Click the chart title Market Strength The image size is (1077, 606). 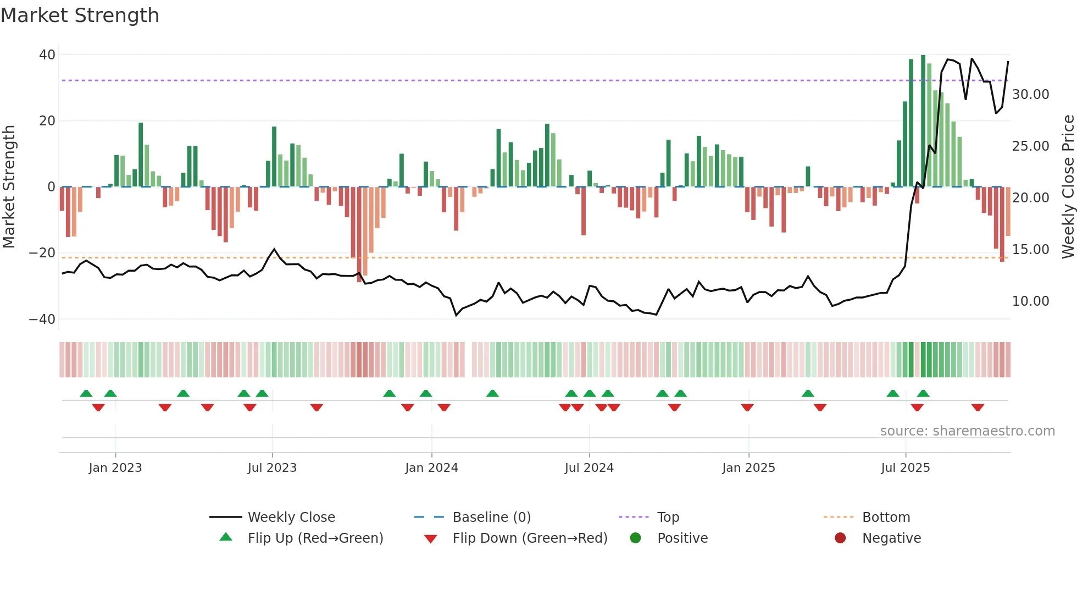pyautogui.click(x=80, y=15)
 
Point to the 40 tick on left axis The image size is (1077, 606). pyautogui.click(x=47, y=55)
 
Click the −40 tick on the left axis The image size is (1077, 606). pyautogui.click(x=42, y=319)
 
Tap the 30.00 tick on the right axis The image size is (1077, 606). pyautogui.click(x=1030, y=95)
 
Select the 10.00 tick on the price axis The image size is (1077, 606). pyautogui.click(x=1030, y=301)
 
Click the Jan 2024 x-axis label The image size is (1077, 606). pyautogui.click(x=431, y=468)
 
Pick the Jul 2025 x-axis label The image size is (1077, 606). pyautogui.click(x=905, y=468)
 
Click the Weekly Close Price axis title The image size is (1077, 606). pyautogui.click(x=1068, y=187)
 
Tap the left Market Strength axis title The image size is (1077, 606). pyautogui.click(x=9, y=187)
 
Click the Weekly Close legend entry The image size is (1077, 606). pyautogui.click(x=291, y=517)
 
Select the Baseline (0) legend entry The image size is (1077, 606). pyautogui.click(x=491, y=517)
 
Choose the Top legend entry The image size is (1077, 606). pyautogui.click(x=668, y=517)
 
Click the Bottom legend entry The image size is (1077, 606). pyautogui.click(x=886, y=517)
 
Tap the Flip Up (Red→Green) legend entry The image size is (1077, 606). pyautogui.click(x=315, y=538)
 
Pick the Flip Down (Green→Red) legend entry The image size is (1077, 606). pyautogui.click(x=530, y=538)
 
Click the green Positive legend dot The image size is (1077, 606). pyautogui.click(x=636, y=538)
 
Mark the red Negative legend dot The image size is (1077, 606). pyautogui.click(x=840, y=538)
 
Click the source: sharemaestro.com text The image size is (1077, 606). pyautogui.click(x=967, y=431)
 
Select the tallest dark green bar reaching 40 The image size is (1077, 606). pyautogui.click(x=923, y=121)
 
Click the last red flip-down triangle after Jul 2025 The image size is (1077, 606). pyautogui.click(x=978, y=407)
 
